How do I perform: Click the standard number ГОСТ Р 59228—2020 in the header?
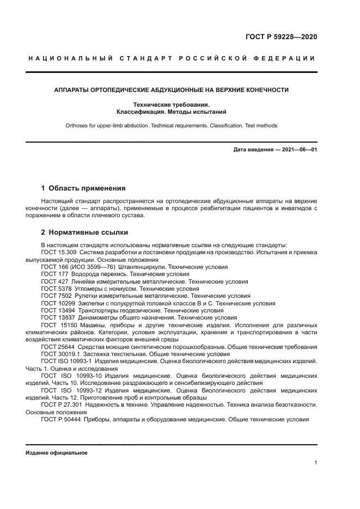(281, 38)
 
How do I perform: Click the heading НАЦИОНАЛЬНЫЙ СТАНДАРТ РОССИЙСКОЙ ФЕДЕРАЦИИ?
(171, 59)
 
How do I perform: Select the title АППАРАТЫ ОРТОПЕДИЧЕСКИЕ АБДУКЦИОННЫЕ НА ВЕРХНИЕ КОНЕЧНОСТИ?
(171, 90)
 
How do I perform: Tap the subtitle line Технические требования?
(171, 104)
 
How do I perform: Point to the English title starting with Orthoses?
(171, 125)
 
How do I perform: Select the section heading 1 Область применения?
(83, 188)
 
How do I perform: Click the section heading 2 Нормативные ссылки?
(77, 232)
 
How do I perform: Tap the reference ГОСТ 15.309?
(57, 252)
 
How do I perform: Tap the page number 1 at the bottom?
(315, 463)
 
